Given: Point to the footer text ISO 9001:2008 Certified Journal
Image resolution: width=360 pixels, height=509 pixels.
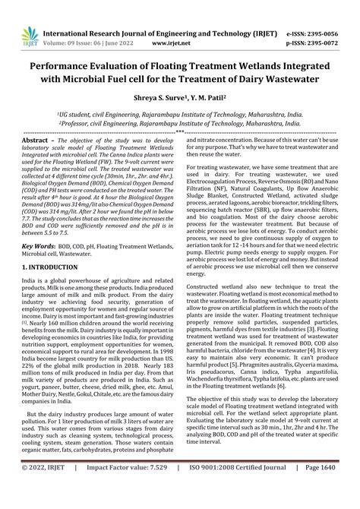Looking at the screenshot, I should point(241,498).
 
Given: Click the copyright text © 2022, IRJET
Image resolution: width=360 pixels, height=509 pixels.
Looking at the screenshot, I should point(41,498).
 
